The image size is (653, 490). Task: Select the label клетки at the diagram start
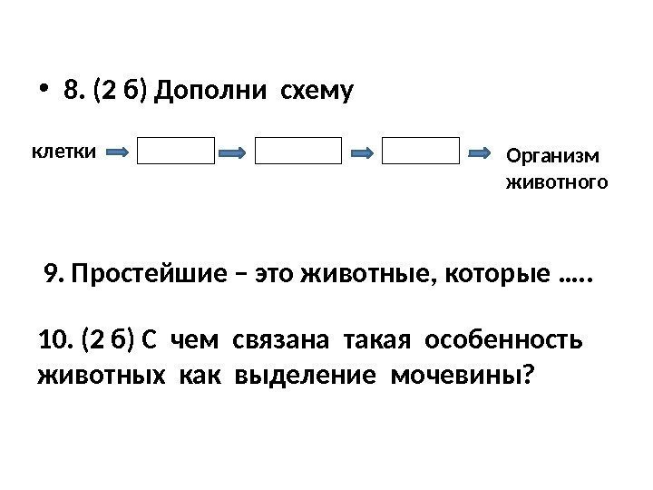[64, 151]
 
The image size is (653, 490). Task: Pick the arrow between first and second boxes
[234, 152]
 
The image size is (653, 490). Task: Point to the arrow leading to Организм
[481, 152]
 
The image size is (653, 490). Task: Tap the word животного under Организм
[555, 182]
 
